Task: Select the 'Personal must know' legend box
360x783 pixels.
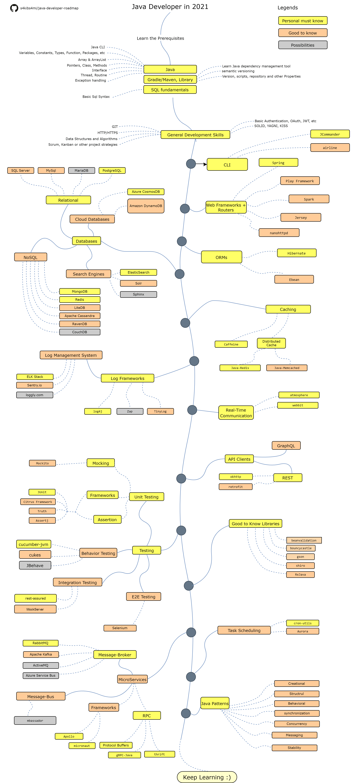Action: [x=303, y=21]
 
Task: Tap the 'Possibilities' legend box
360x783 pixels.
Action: [x=303, y=45]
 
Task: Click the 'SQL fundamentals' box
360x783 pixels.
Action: [x=170, y=90]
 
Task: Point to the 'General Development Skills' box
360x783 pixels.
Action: [x=195, y=135]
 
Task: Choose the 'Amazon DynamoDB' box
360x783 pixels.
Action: [x=146, y=206]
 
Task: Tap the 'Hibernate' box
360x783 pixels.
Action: [x=296, y=253]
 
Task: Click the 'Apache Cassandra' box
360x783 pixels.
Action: [x=80, y=316]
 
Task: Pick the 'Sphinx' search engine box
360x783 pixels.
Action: [x=138, y=294]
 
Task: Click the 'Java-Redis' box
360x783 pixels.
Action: [x=240, y=368]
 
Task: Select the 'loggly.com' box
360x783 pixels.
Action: [x=35, y=395]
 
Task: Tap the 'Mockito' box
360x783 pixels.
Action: [x=42, y=463]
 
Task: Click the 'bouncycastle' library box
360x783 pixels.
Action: [x=301, y=548]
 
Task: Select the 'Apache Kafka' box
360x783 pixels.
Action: [x=41, y=654]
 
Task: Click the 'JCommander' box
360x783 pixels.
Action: [x=330, y=134]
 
